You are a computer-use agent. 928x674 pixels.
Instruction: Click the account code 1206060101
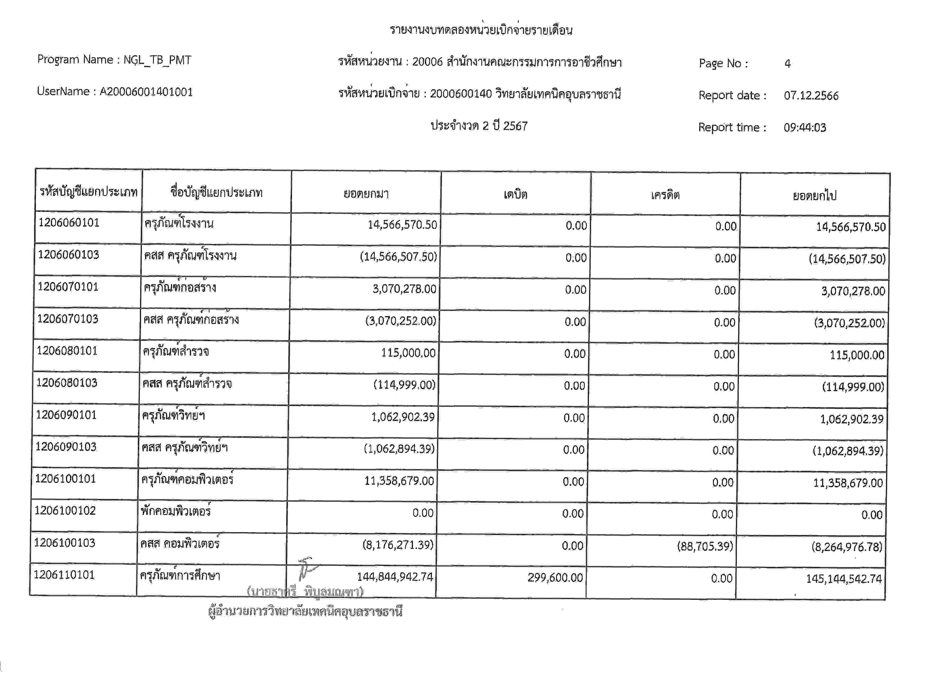69,223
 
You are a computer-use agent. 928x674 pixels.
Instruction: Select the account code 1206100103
65,543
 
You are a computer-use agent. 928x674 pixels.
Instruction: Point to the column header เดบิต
516,194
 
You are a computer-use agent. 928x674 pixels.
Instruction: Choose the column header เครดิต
665,195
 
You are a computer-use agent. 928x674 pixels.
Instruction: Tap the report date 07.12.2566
811,96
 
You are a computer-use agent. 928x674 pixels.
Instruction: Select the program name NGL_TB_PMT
157,60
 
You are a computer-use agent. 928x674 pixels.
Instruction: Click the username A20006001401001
146,92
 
